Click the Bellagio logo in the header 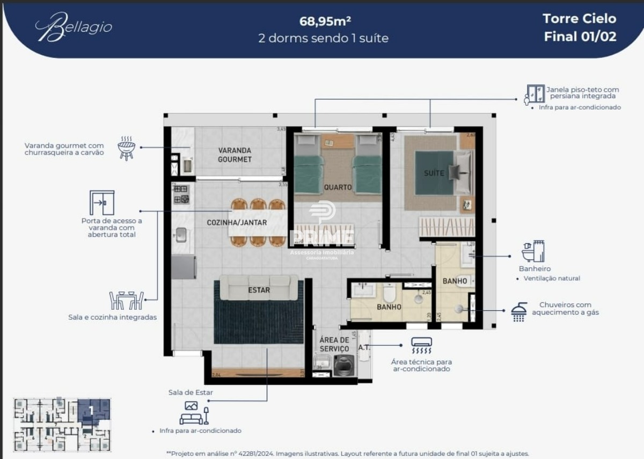coord(74,27)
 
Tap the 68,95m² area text coord(325,21)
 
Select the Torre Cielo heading coord(579,19)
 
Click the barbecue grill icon coord(126,148)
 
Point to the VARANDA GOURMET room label coord(235,155)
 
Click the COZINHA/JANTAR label coord(237,222)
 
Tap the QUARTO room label coord(338,187)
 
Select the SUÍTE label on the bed coord(434,173)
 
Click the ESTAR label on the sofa coord(259,290)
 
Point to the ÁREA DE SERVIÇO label coord(334,344)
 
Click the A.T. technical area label coord(364,347)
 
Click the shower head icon coord(518,311)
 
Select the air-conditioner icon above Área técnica coord(421,345)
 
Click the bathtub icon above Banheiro coord(533,251)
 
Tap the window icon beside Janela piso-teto coord(535,94)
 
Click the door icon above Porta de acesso coord(101,202)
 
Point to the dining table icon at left coord(127,301)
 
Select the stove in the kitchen coord(181,194)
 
